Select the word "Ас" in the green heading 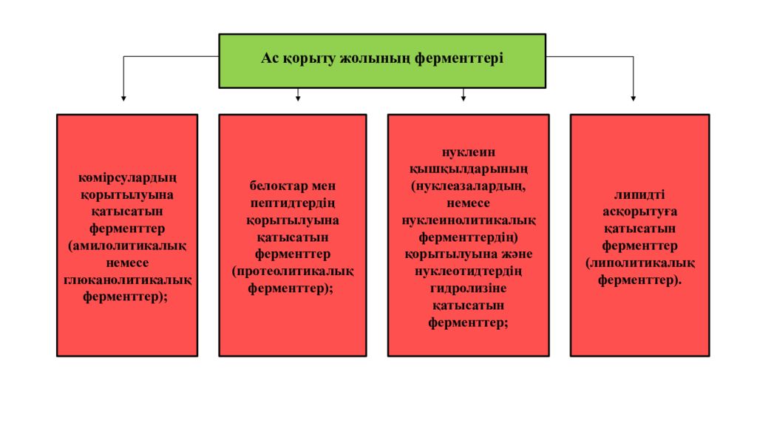[270, 58]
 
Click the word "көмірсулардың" [127, 177]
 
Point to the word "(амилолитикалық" [127, 246]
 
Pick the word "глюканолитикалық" [127, 280]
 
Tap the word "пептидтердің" [293, 203]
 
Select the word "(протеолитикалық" [293, 271]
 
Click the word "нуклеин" [468, 152]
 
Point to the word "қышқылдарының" [468, 169]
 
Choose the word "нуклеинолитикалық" [468, 220]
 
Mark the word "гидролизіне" [468, 289]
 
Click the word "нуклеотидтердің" [468, 271]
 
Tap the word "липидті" [639, 195]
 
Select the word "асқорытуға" [639, 212]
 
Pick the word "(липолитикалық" [639, 263]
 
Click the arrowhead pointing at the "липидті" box [633, 98]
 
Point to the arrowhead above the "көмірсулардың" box [123, 98]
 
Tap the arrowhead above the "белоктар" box [298, 98]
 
